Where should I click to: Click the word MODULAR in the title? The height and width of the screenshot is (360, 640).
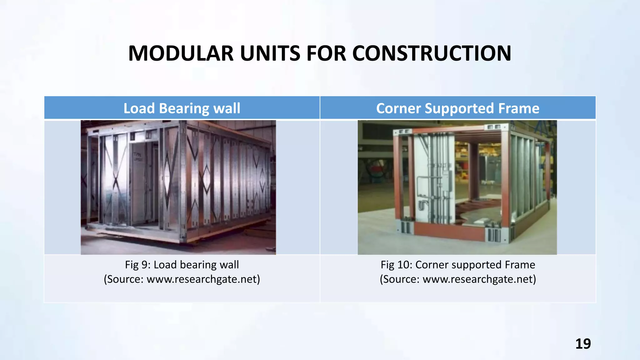pyautogui.click(x=181, y=53)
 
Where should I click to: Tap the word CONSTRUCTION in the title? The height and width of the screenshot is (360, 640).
pyautogui.click(x=432, y=53)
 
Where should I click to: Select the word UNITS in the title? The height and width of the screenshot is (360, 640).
pyautogui.click(x=270, y=53)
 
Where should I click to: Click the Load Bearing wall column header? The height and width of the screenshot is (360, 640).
pyautogui.click(x=182, y=108)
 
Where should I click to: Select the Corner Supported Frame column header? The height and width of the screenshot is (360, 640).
pyautogui.click(x=457, y=108)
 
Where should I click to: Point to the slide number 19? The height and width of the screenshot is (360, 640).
pyautogui.click(x=583, y=344)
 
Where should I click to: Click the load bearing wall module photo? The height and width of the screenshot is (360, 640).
pyautogui.click(x=178, y=187)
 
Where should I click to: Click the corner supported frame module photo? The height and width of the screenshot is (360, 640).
pyautogui.click(x=457, y=187)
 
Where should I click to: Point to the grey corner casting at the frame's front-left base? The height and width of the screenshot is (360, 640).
pyautogui.click(x=406, y=227)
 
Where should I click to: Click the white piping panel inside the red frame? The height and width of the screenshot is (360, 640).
pyautogui.click(x=433, y=178)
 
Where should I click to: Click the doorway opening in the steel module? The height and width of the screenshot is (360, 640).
pyautogui.click(x=142, y=184)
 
